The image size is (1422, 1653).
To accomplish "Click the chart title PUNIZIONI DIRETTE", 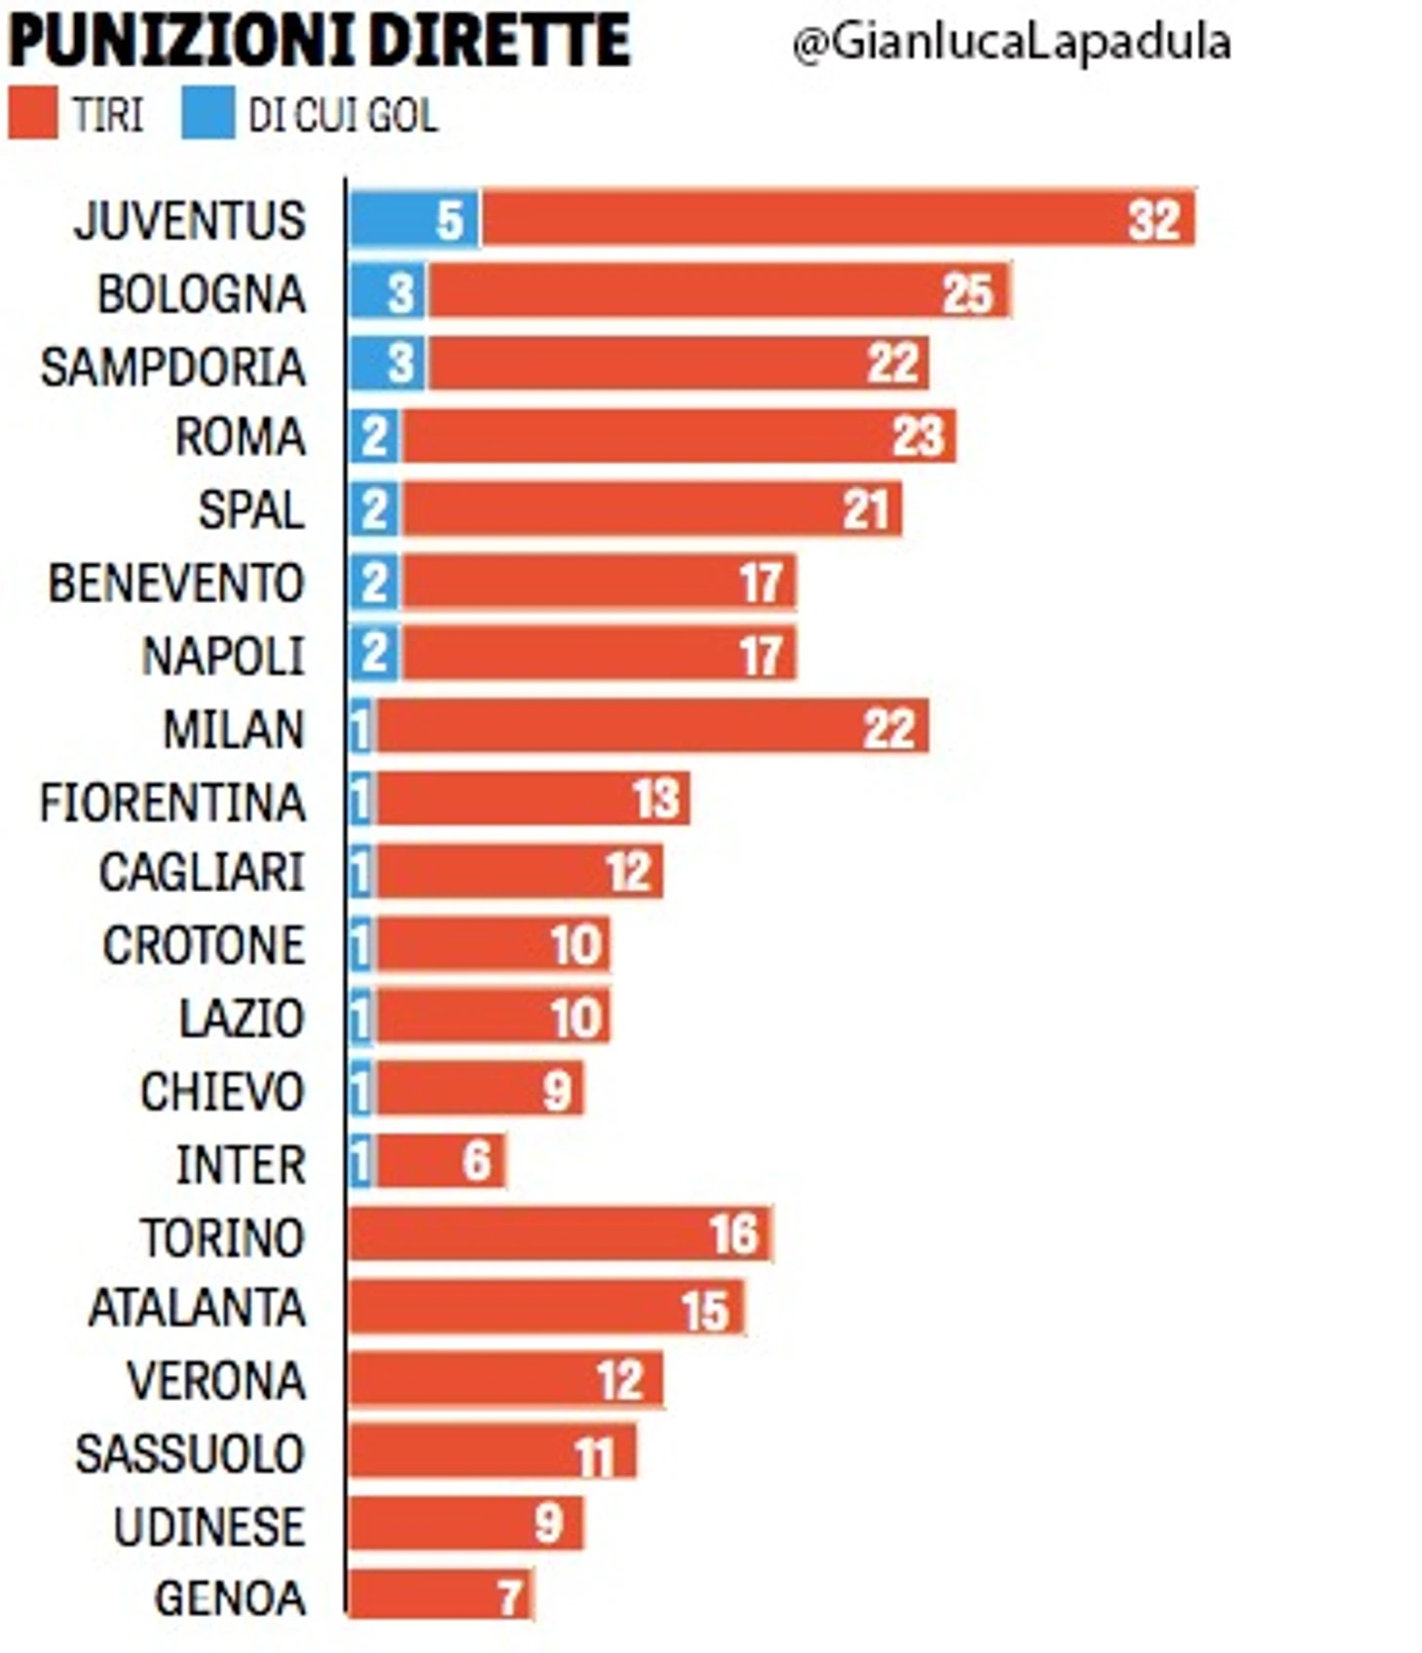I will point(319,41).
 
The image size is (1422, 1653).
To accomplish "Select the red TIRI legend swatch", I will point(32,114).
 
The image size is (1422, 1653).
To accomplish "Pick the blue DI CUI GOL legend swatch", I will point(206,114).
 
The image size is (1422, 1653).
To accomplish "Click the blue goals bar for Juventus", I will point(414,219).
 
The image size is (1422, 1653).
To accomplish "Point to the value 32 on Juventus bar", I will point(1154,219).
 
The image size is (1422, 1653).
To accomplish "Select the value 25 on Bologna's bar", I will point(967,292).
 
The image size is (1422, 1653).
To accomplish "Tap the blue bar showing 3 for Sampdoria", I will point(388,364).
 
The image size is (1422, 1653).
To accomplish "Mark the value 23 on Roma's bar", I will point(917,436).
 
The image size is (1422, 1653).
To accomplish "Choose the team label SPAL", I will point(251,509).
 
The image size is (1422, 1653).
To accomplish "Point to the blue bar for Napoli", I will point(374,654).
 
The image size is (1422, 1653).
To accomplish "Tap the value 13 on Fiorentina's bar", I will point(655,800).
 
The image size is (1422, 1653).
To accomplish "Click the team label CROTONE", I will point(204,945).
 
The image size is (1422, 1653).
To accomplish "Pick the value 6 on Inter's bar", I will point(476,1161).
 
